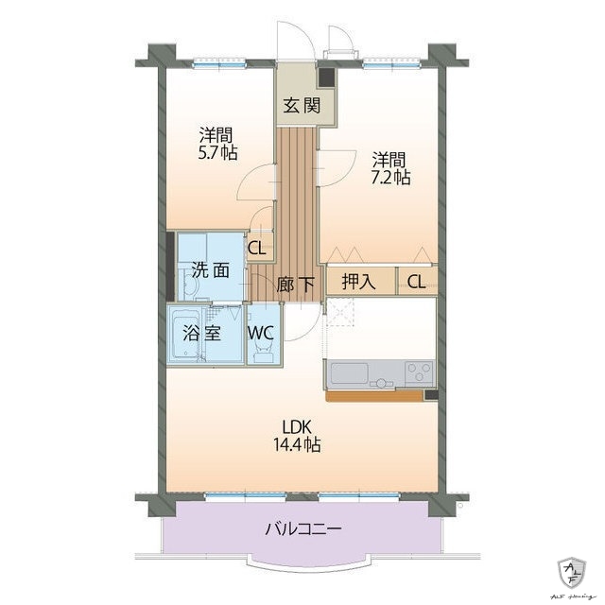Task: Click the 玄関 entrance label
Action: click(x=298, y=105)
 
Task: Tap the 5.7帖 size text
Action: click(x=217, y=151)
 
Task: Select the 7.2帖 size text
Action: click(x=390, y=176)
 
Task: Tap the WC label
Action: click(x=262, y=333)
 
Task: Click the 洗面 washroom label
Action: click(x=211, y=269)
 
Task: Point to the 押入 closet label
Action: click(x=357, y=282)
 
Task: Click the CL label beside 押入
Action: click(x=417, y=282)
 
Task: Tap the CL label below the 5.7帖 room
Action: click(x=255, y=249)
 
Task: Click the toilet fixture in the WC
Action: click(x=264, y=352)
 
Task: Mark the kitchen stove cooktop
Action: click(x=418, y=372)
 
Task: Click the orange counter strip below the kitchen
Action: click(x=373, y=395)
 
